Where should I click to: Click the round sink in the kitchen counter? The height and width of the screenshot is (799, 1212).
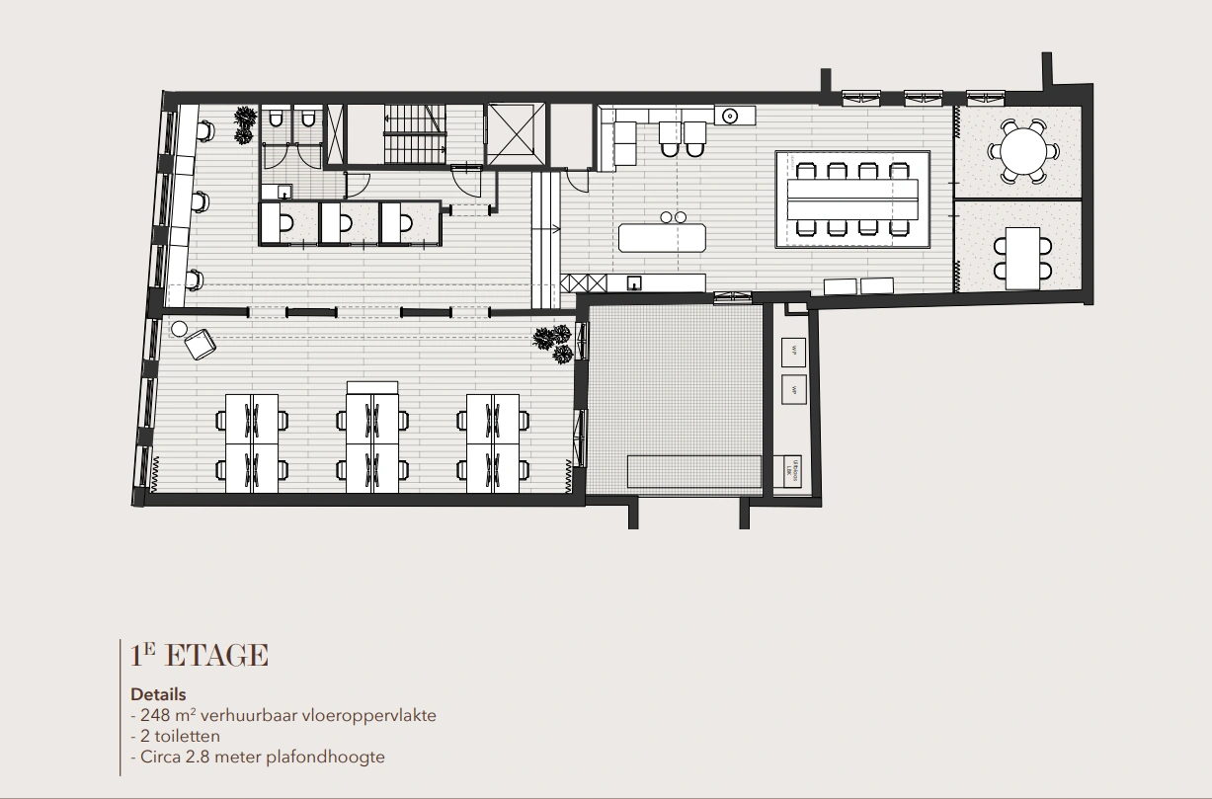click(x=732, y=116)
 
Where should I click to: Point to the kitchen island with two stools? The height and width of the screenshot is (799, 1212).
click(x=663, y=238)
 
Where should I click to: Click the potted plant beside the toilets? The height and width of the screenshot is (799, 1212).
click(x=245, y=121)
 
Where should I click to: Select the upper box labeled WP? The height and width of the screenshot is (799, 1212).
click(x=793, y=351)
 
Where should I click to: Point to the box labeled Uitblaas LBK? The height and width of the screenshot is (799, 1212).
click(x=791, y=469)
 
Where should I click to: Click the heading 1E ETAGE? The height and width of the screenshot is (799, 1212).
click(x=199, y=656)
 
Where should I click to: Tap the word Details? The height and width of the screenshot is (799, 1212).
click(x=158, y=694)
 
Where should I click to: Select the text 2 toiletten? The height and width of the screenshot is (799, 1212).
click(x=179, y=736)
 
